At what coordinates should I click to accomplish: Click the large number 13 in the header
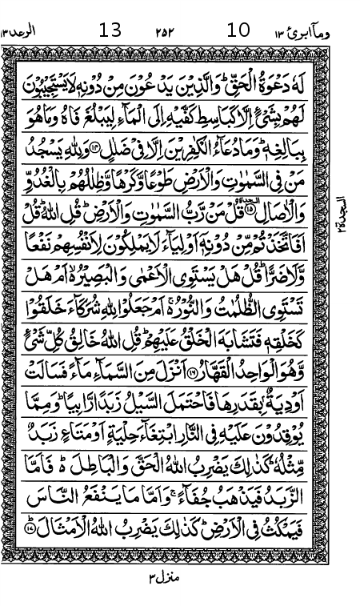pos(110,31)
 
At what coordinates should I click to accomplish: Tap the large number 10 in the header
pos(238,31)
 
